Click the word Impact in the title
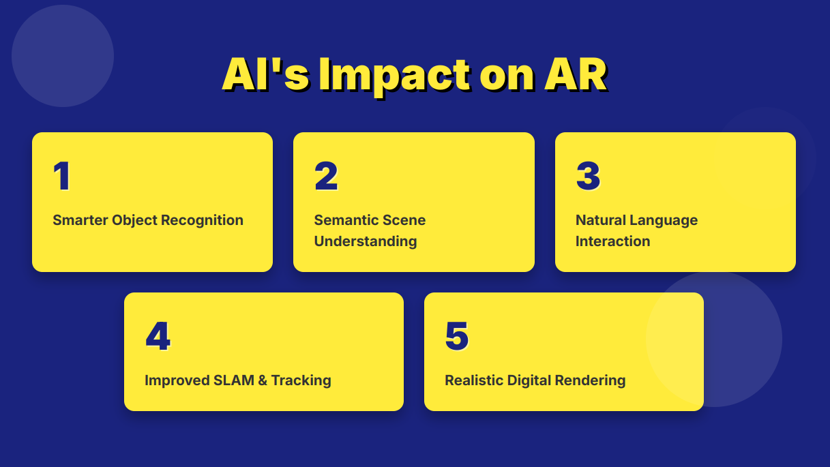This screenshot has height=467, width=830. [x=395, y=76]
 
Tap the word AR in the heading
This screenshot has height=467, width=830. [x=576, y=75]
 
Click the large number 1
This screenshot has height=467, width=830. [x=62, y=176]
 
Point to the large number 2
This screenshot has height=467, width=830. [x=326, y=176]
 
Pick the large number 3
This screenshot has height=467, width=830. [x=588, y=176]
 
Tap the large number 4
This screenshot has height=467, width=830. [x=158, y=336]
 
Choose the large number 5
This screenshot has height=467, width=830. [x=457, y=336]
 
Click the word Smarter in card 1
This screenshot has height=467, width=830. [x=80, y=220]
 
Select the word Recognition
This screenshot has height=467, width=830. [x=202, y=221]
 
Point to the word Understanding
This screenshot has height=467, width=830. [x=366, y=241]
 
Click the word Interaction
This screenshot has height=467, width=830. [x=613, y=241]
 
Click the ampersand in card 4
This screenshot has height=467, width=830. [x=263, y=380]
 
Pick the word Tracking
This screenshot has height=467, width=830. [x=301, y=381]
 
